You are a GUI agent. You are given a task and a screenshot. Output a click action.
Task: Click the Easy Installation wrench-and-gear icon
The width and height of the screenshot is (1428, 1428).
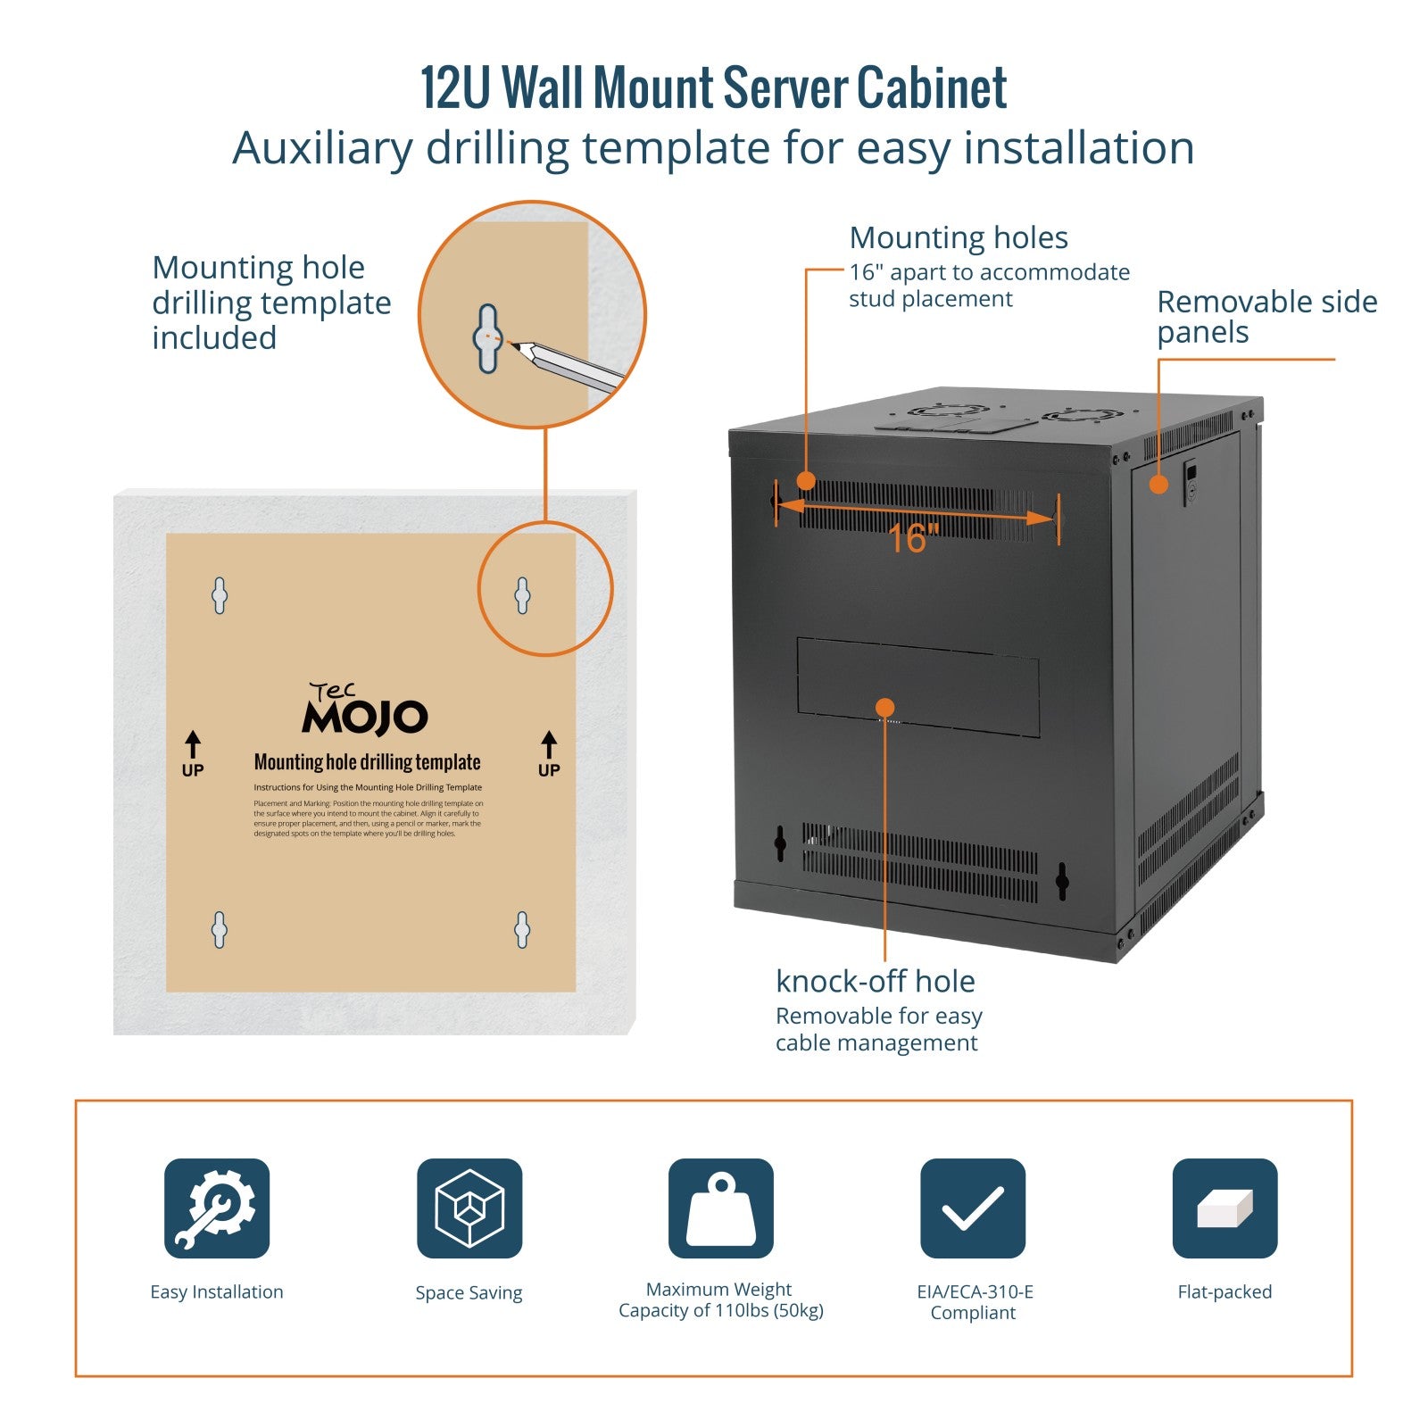coord(217,1208)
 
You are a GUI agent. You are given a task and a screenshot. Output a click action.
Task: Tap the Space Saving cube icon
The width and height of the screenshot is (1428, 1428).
coord(469,1208)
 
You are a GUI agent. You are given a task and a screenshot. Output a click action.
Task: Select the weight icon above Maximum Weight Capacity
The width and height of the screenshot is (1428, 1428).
coord(720,1208)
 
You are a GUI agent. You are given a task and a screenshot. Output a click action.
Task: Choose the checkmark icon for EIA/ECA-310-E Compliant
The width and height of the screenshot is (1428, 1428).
coord(973,1208)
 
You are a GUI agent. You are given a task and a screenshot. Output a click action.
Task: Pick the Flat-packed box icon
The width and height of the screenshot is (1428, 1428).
coord(1225,1208)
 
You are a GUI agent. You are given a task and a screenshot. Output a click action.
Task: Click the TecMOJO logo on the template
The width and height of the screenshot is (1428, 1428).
coord(365,710)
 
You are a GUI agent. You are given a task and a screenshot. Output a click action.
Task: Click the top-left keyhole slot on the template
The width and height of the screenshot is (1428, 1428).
coord(220,595)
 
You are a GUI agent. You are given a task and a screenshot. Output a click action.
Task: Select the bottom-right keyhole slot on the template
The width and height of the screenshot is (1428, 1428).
coord(522,930)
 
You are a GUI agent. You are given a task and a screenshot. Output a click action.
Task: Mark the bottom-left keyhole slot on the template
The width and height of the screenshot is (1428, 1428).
coord(220,930)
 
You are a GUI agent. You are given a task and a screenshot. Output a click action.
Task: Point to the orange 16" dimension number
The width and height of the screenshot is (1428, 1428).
coord(912,538)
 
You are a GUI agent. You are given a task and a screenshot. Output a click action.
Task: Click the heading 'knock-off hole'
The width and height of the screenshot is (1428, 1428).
coord(875,981)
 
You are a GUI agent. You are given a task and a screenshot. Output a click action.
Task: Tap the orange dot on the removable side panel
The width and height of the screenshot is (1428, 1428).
coord(1158,485)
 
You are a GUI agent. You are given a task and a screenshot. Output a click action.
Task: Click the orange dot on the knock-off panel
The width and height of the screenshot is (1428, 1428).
coord(884,707)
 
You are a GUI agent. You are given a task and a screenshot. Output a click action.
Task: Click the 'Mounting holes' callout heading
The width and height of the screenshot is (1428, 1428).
coord(959,237)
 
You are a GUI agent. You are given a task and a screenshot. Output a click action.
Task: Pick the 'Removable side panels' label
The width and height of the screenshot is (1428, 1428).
coord(1266,317)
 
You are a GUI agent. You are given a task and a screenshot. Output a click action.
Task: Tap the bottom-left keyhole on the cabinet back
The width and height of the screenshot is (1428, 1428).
coord(780,843)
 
